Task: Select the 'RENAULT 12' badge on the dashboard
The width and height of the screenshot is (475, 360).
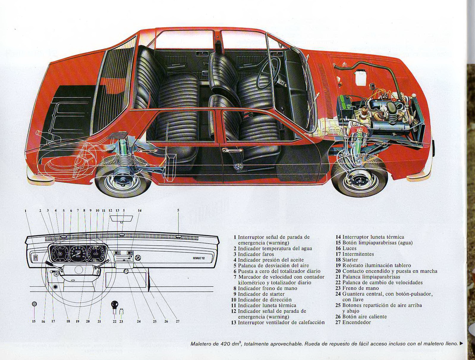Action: point(199,258)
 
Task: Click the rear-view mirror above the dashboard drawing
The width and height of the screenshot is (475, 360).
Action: point(121,218)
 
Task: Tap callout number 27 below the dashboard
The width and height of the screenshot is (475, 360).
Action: point(177,321)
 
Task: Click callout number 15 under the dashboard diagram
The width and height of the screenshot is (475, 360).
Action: point(34,321)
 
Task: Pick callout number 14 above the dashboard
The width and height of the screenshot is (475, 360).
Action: point(139,211)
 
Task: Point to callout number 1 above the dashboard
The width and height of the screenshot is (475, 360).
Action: point(26,211)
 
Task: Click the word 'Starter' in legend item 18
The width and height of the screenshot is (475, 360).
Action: point(350,260)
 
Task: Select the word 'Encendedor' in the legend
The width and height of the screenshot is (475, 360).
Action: point(357,322)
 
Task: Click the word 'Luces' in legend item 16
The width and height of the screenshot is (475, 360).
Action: point(349,248)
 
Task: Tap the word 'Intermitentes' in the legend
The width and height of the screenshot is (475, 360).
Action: point(358,254)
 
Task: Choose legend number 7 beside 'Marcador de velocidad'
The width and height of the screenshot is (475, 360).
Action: point(235,277)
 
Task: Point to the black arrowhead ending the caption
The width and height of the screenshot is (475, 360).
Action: point(461,344)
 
